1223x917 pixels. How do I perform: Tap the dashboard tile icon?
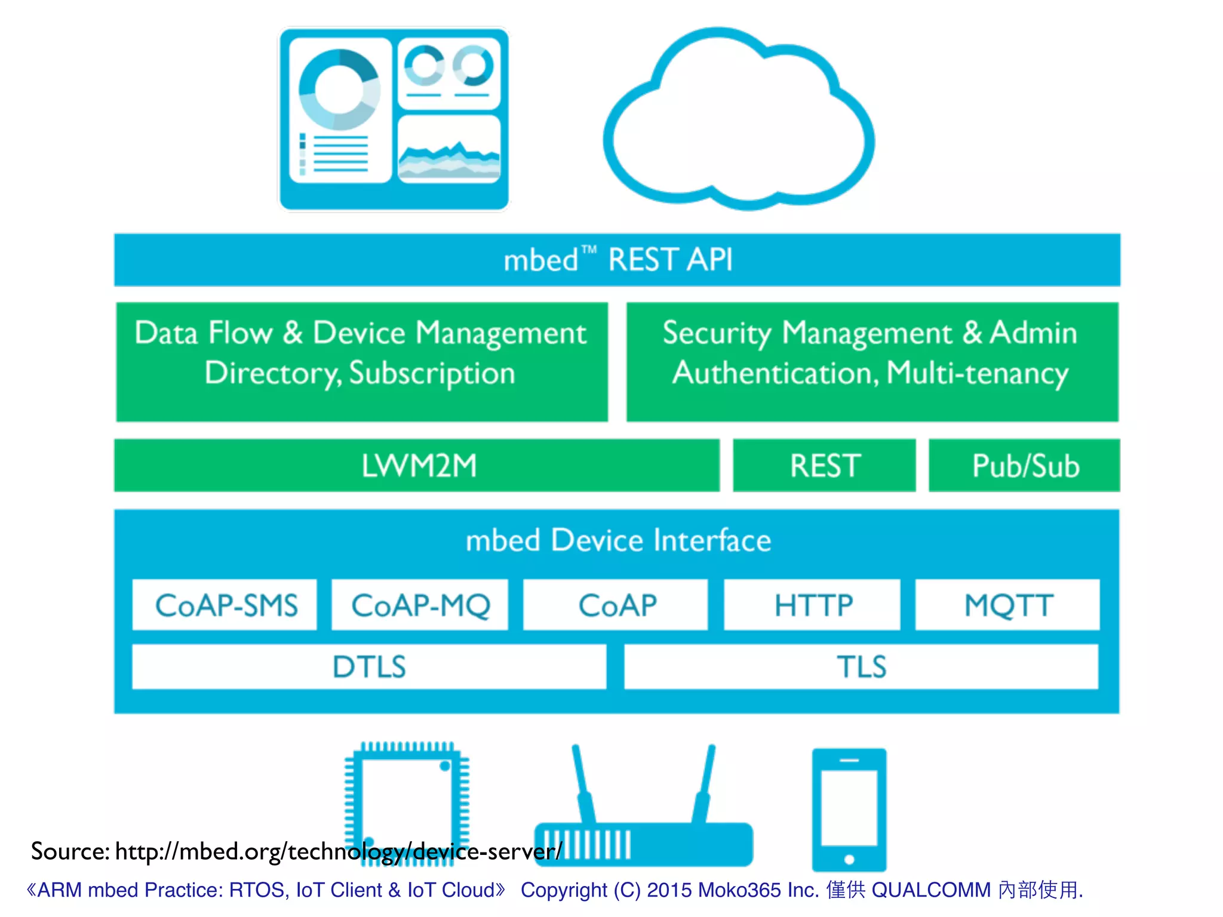pos(394,118)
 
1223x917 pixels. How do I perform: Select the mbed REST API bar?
pos(617,260)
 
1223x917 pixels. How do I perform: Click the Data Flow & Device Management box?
pos(362,361)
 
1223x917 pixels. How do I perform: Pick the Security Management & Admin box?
pos(872,361)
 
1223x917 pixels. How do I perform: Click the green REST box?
pos(824,466)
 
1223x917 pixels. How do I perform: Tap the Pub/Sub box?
pos(1024,466)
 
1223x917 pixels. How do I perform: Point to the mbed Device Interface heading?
pos(618,540)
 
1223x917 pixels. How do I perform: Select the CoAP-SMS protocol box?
pos(225,605)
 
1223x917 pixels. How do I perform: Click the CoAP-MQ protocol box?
pos(420,605)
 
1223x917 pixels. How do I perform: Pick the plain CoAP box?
pos(616,605)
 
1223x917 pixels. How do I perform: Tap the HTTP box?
pos(812,605)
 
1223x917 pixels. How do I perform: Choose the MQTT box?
pos(1007,605)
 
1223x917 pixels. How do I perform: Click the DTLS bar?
pos(369,667)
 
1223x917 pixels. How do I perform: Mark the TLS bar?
pos(861,667)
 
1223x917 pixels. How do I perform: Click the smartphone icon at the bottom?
pos(849,809)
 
